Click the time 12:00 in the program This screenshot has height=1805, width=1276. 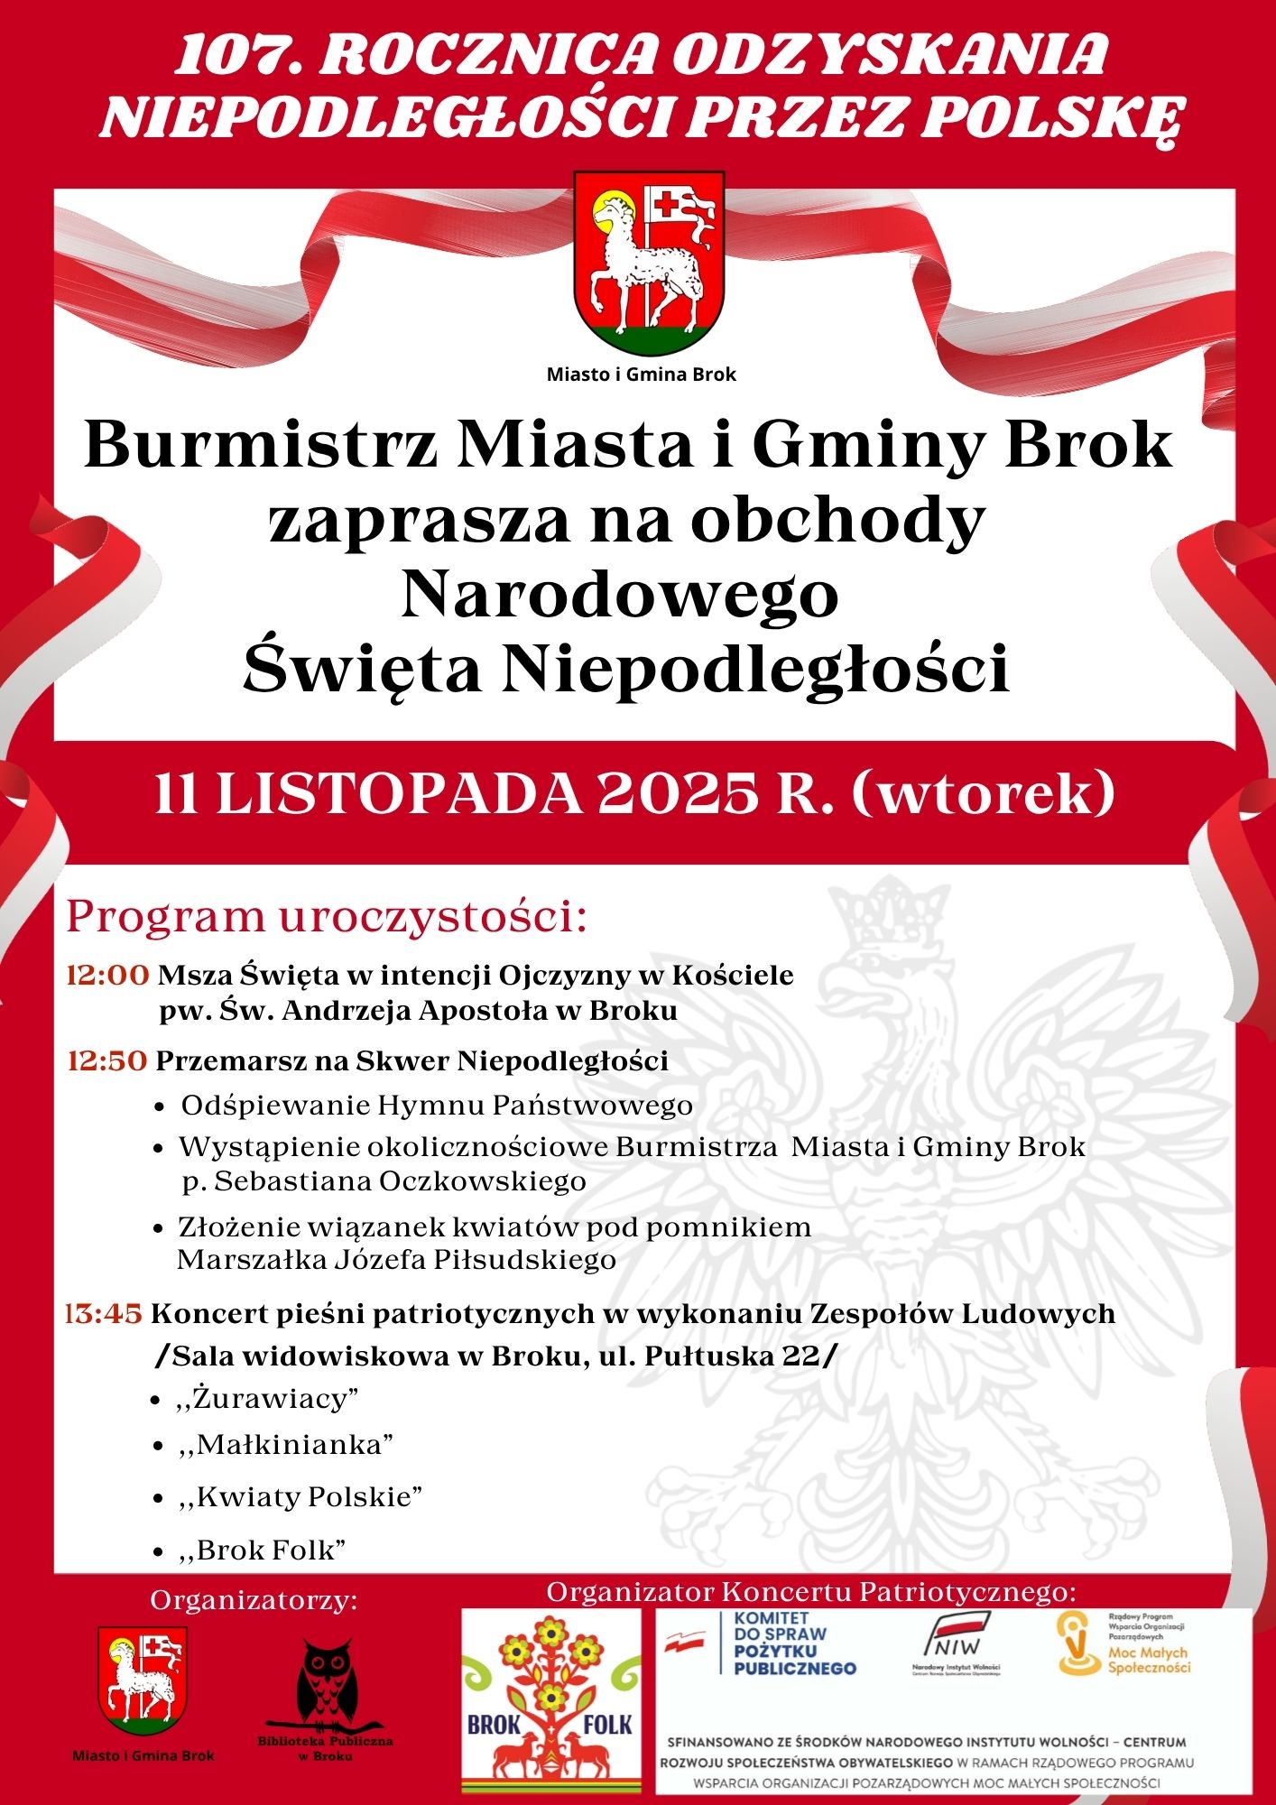pyautogui.click(x=107, y=976)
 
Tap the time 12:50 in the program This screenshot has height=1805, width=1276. pyautogui.click(x=107, y=1060)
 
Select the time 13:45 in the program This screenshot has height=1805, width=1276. pyautogui.click(x=104, y=1314)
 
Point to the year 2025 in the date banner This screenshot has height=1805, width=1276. pyautogui.click(x=677, y=795)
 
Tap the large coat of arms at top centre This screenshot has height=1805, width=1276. pyautogui.click(x=649, y=263)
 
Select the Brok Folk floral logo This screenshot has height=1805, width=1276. pyautogui.click(x=550, y=1700)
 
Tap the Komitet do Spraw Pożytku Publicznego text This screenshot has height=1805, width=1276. pyautogui.click(x=793, y=1643)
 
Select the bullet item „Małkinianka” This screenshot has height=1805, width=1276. pyautogui.click(x=287, y=1445)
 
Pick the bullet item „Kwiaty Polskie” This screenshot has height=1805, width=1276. pyautogui.click(x=301, y=1496)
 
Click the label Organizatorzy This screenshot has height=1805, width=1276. pyautogui.click(x=254, y=1600)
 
